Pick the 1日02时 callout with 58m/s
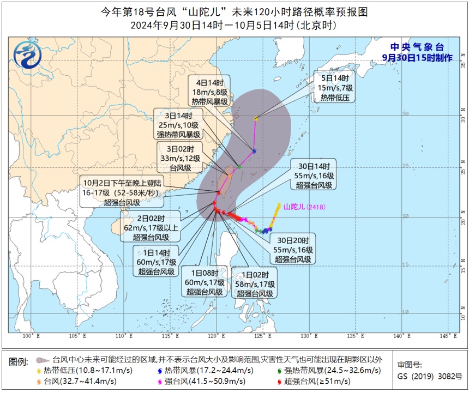(x=254, y=282)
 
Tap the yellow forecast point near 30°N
(x=256, y=118)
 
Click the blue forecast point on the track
(x=254, y=150)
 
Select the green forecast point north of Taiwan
(x=239, y=166)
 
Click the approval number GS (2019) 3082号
(x=430, y=376)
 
